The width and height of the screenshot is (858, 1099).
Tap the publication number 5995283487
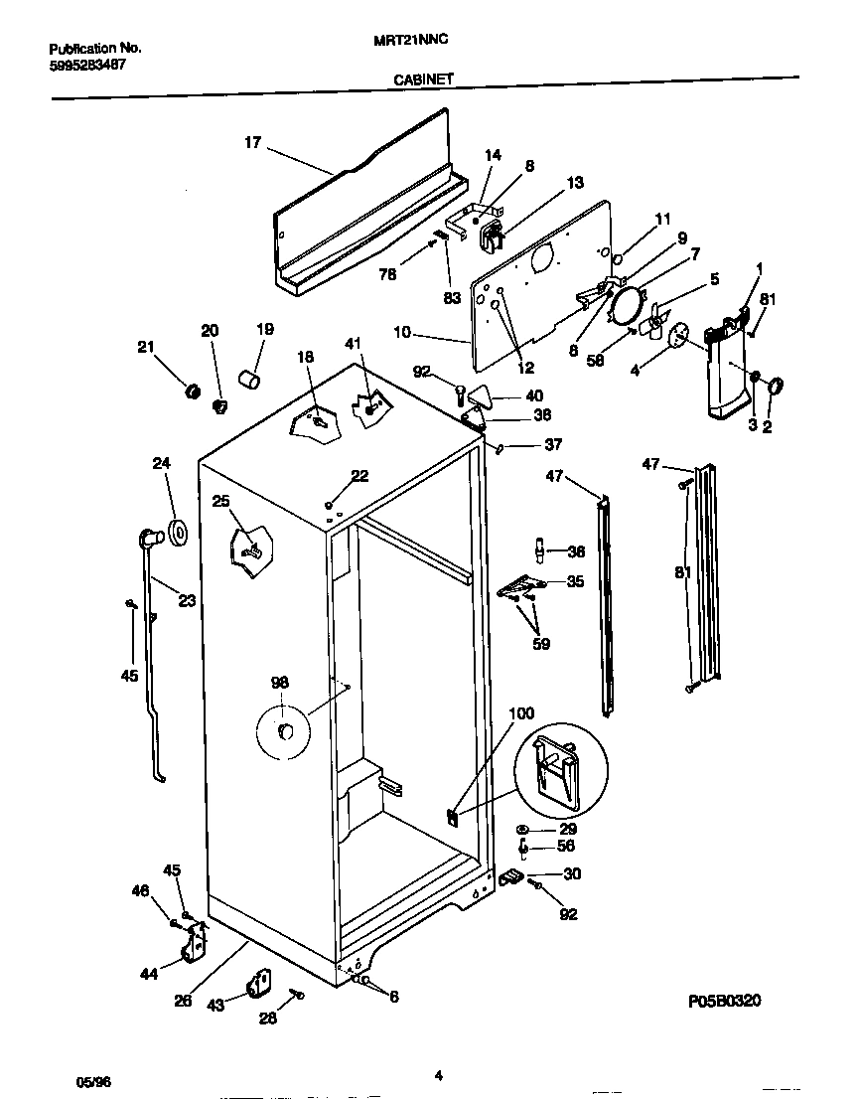[86, 66]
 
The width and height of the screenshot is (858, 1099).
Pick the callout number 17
[252, 143]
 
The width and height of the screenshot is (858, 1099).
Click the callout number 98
[280, 682]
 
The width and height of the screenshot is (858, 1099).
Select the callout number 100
[520, 713]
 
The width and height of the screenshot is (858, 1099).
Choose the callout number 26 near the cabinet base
[183, 1001]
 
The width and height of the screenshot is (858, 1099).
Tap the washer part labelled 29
[522, 829]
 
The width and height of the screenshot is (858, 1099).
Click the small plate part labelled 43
[260, 983]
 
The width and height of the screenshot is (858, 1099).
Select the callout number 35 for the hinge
[575, 582]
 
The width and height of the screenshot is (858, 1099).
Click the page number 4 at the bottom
[438, 1072]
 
